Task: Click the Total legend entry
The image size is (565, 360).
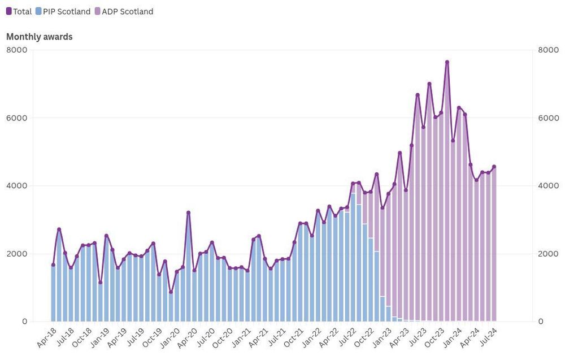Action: click(19, 11)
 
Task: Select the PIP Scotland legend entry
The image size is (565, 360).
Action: click(62, 11)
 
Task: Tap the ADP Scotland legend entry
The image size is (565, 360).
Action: click(123, 11)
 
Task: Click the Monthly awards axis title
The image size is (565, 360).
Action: click(39, 37)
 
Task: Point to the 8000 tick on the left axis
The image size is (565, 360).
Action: click(16, 50)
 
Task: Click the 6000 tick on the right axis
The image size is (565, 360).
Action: click(547, 118)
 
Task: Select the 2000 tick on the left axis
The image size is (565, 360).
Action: click(16, 253)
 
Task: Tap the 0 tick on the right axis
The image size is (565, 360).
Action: click(541, 321)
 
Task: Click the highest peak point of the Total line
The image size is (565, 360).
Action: click(447, 62)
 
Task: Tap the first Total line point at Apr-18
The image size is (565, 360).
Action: click(53, 264)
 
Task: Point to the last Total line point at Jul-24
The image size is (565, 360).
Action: click(494, 167)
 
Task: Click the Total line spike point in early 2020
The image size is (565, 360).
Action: click(188, 212)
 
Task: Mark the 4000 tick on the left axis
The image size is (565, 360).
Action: click(16, 185)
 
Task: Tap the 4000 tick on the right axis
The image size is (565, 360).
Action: click(547, 185)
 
